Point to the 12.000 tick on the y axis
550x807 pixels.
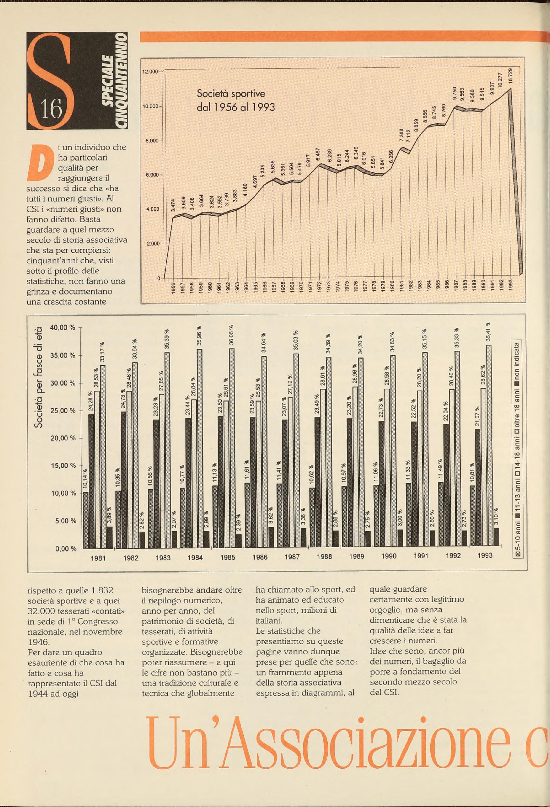(x=150, y=72)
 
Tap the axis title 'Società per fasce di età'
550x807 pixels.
(x=39, y=377)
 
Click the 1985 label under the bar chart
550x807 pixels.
(x=227, y=557)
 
